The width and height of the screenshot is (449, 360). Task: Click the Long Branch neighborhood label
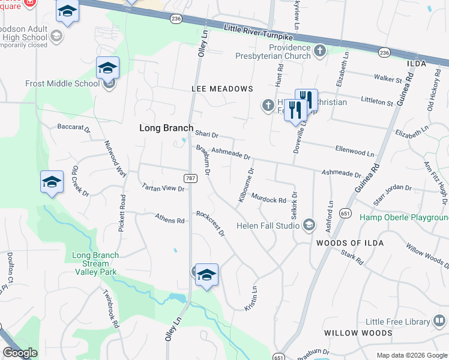click(x=166, y=128)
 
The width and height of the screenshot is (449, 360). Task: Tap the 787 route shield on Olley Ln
click(x=190, y=178)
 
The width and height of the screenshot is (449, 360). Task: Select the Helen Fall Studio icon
click(x=309, y=225)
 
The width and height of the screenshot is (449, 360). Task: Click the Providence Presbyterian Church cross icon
click(x=321, y=50)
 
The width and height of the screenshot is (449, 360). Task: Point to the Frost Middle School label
click(x=62, y=83)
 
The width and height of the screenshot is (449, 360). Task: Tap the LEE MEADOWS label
click(x=222, y=89)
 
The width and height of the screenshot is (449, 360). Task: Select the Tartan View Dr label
click(x=162, y=188)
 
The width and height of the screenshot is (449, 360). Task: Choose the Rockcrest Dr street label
click(x=211, y=223)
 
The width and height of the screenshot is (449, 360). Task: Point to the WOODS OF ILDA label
click(x=341, y=242)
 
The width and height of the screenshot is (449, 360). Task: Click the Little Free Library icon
click(x=440, y=322)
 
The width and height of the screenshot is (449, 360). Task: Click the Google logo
click(x=20, y=353)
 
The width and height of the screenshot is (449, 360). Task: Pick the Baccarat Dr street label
click(x=73, y=128)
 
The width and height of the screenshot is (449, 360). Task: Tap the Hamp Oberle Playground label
click(x=404, y=217)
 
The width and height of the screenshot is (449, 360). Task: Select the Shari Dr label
click(x=206, y=135)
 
